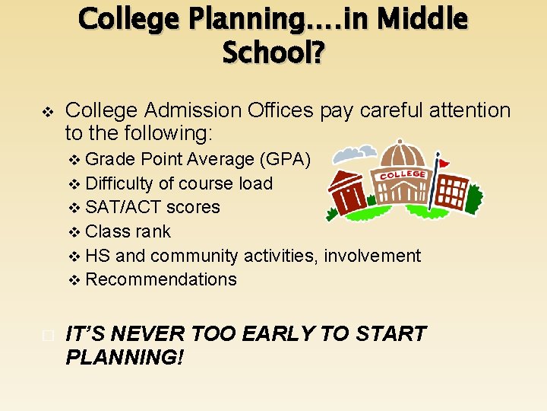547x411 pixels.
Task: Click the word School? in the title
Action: [273, 53]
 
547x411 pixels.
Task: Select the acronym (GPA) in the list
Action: [285, 159]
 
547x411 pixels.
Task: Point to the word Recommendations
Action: [161, 279]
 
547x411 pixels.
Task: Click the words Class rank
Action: [128, 231]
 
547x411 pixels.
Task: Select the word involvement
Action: [372, 256]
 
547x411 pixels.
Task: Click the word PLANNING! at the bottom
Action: [125, 356]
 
